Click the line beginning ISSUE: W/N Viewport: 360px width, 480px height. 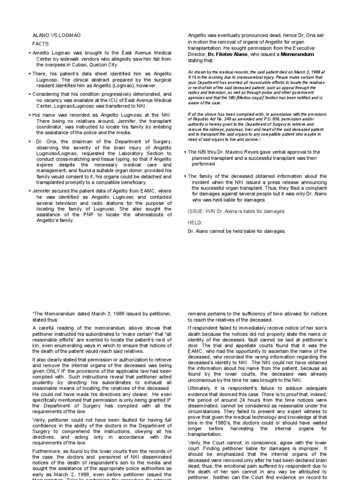236,211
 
